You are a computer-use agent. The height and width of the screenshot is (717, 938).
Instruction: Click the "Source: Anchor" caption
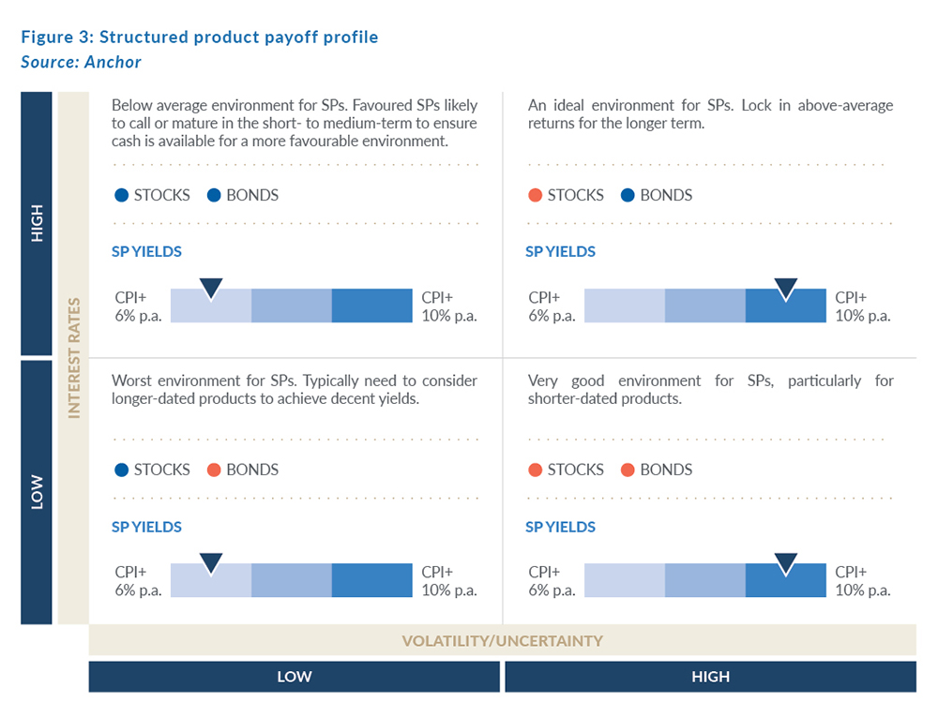pyautogui.click(x=81, y=62)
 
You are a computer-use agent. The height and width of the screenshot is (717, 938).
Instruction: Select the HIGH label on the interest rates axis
pyautogui.click(x=37, y=223)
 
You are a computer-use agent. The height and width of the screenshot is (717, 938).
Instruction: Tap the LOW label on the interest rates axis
pyautogui.click(x=37, y=493)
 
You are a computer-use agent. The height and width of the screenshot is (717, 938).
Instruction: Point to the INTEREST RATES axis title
pyautogui.click(x=72, y=358)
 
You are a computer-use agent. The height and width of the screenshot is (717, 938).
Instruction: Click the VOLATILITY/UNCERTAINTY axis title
pyautogui.click(x=502, y=641)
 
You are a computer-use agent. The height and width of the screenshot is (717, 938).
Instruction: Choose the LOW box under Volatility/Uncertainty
pyautogui.click(x=294, y=677)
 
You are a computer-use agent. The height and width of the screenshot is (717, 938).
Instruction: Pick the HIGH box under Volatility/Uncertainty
pyautogui.click(x=710, y=677)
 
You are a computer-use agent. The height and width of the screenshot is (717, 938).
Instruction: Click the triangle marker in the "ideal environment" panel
pyautogui.click(x=785, y=289)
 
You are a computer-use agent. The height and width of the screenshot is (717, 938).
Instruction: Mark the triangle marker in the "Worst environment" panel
pyautogui.click(x=211, y=562)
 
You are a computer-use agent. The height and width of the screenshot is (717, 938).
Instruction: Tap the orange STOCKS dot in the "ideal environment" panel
pyautogui.click(x=535, y=196)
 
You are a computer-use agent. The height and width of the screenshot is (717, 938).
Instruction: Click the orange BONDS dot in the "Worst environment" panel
pyautogui.click(x=214, y=470)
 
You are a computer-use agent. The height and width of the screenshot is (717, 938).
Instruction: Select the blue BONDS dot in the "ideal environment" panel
pyautogui.click(x=628, y=196)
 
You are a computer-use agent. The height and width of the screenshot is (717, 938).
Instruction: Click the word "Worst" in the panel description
pyautogui.click(x=131, y=381)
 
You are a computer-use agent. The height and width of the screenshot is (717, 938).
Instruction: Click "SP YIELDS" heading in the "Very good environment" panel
pyautogui.click(x=560, y=527)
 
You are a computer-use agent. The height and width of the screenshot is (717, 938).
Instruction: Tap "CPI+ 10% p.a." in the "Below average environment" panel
pyautogui.click(x=448, y=306)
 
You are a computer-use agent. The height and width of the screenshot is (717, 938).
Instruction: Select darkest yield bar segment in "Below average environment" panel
pyautogui.click(x=371, y=306)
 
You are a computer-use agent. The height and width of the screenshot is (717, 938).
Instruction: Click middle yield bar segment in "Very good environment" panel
pyautogui.click(x=704, y=580)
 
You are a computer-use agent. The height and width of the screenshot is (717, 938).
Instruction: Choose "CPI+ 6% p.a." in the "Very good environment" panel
pyautogui.click(x=552, y=581)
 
